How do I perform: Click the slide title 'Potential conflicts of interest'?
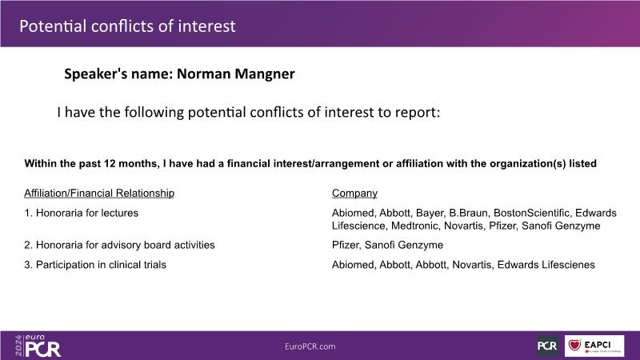pos(127,26)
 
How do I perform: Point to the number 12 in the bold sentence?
pos(110,164)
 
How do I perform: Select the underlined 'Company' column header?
pos(354,193)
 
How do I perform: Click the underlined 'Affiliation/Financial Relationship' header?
pos(99,193)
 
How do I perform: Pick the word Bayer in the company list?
pos(430,214)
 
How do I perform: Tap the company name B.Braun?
pos(469,213)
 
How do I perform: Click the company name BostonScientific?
pos(532,213)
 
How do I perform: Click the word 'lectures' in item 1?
pos(119,213)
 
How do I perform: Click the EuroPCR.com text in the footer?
pos(310,346)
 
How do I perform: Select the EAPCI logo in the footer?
pos(594,346)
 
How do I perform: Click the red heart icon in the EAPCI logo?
pos(574,345)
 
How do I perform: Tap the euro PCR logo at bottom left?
pos(38,346)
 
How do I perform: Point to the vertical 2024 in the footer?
pos(18,346)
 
